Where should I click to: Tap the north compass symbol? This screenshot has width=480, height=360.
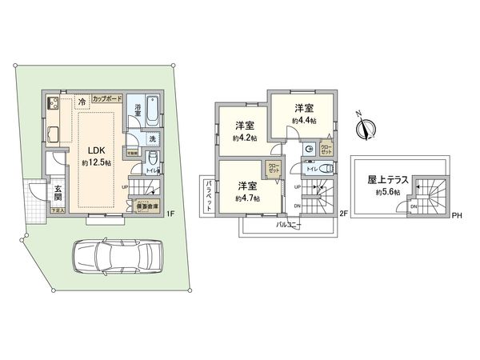368,126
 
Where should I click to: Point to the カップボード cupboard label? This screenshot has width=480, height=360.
107,98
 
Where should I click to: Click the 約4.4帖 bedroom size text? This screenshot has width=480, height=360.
303,120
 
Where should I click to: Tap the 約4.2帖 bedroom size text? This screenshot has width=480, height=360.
245,138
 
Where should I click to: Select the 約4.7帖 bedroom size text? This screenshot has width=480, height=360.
248,197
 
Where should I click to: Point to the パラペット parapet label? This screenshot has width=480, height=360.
209,195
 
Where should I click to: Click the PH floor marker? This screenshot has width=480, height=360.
458,214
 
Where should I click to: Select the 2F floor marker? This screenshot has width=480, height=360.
343,213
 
